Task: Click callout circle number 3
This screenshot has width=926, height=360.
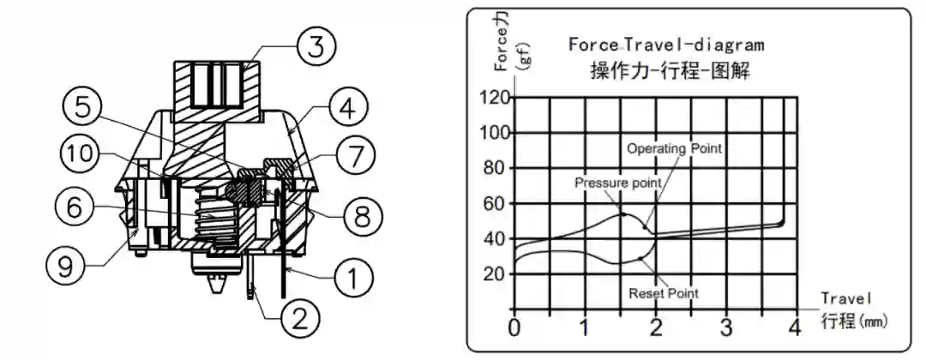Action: [317, 45]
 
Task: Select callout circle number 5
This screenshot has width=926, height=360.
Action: [83, 106]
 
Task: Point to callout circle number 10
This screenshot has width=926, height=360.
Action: [80, 154]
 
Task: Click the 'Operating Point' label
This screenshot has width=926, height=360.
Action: [674, 148]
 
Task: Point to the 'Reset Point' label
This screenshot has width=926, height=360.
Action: [663, 293]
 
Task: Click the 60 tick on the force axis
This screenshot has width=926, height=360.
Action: [496, 203]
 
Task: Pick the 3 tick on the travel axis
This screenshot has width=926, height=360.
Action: [725, 327]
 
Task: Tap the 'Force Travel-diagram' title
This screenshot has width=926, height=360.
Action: [665, 44]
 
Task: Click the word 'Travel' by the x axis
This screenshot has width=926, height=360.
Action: [845, 298]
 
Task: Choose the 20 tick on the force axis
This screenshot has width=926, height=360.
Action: [496, 273]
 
